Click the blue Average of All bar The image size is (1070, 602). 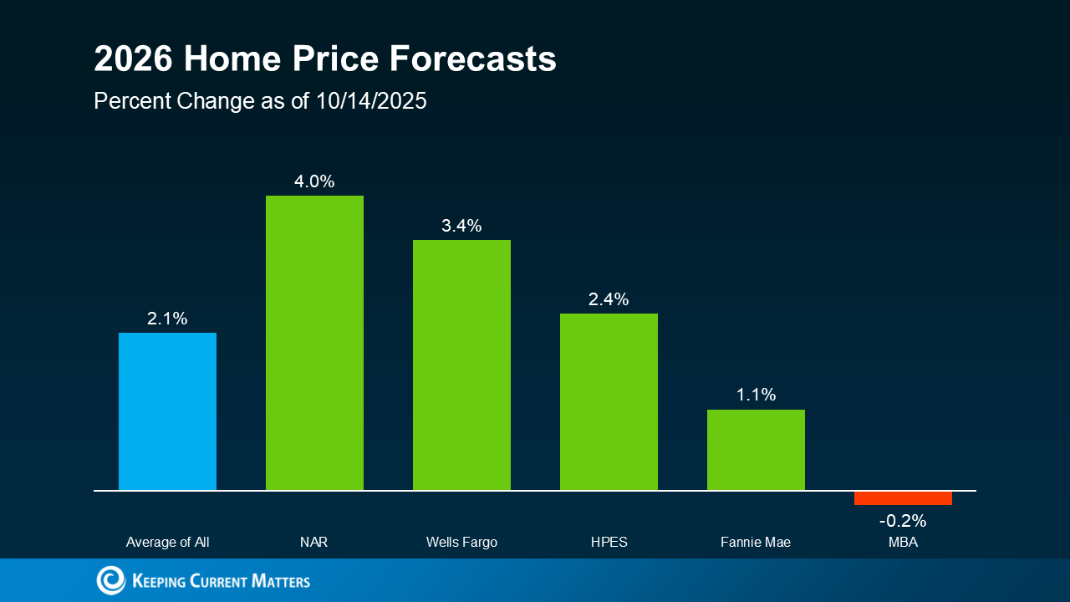[x=167, y=411]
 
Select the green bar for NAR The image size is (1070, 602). [x=314, y=343]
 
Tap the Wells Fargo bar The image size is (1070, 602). [x=461, y=365]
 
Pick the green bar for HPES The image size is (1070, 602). [x=609, y=401]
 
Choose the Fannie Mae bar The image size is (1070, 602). [x=756, y=450]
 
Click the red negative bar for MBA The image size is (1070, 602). [x=903, y=498]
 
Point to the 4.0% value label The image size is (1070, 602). [x=314, y=181]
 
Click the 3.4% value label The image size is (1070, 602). [x=461, y=226]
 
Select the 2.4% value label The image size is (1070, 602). [x=609, y=299]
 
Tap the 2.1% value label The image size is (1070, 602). [x=167, y=319]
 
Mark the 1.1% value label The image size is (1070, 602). [x=756, y=395]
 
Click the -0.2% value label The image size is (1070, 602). [x=903, y=521]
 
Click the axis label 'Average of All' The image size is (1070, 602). [x=167, y=543]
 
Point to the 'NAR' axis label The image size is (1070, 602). [x=314, y=543]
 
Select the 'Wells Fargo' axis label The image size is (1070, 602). [x=461, y=543]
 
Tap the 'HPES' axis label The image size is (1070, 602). [x=609, y=543]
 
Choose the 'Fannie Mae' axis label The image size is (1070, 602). [x=756, y=543]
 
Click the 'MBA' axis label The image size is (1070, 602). [x=903, y=543]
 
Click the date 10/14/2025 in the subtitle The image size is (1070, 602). [x=371, y=101]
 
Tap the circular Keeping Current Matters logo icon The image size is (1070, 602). [x=110, y=580]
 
